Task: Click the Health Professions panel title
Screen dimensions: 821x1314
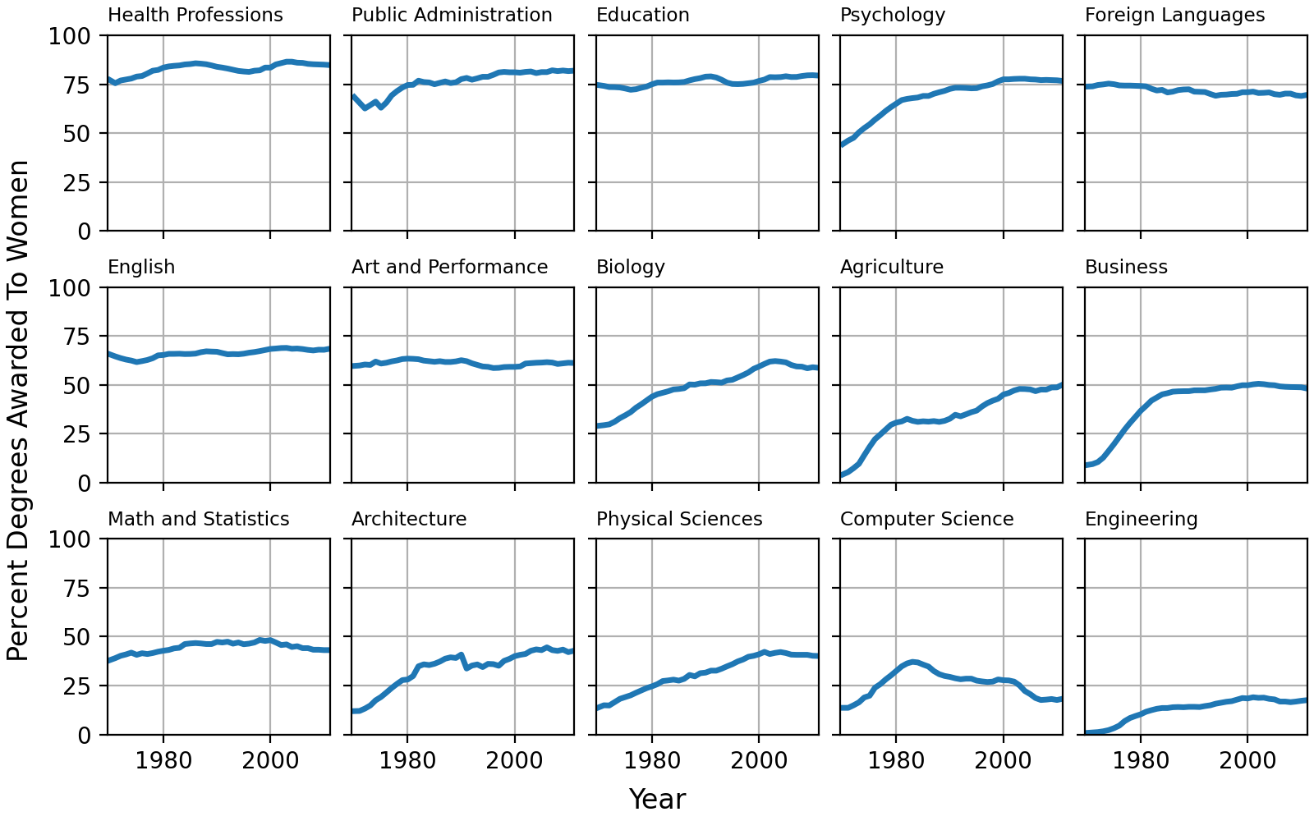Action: pyautogui.click(x=195, y=16)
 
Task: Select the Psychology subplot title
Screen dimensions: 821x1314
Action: pyautogui.click(x=893, y=16)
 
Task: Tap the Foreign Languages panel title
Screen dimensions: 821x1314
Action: pyautogui.click(x=1174, y=16)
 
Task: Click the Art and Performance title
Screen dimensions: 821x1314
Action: pyautogui.click(x=449, y=268)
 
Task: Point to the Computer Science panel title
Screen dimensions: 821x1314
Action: pyautogui.click(x=926, y=520)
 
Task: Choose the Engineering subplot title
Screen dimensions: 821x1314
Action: pyautogui.click(x=1141, y=520)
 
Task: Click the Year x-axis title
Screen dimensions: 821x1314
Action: pyautogui.click(x=656, y=799)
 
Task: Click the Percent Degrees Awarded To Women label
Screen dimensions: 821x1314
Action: pyautogui.click(x=18, y=410)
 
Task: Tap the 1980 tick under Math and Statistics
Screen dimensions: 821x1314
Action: pyautogui.click(x=163, y=759)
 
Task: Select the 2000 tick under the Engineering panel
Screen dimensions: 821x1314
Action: pyautogui.click(x=1247, y=759)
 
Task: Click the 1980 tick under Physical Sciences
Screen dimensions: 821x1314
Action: pyautogui.click(x=652, y=759)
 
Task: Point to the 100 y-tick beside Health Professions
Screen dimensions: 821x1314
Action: pyautogui.click(x=71, y=36)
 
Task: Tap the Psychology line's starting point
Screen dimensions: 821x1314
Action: pyautogui.click(x=842, y=144)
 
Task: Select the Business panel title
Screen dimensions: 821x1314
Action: pyautogui.click(x=1126, y=268)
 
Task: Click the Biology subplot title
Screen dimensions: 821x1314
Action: pyautogui.click(x=630, y=268)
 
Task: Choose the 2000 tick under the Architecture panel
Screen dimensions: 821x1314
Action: pyautogui.click(x=515, y=759)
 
